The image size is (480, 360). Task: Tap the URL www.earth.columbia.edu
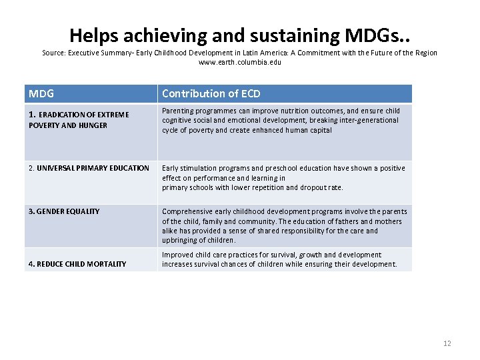pos(240,62)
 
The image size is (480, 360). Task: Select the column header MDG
pos(41,94)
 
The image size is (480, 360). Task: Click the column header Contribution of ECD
pos(211,94)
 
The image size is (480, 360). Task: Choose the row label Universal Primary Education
pos(89,168)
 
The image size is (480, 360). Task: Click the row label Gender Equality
pos(64,211)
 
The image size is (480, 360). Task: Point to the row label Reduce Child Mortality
pos(77,264)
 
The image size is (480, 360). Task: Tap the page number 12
pos(447,343)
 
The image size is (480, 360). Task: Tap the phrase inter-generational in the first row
pos(367,121)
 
